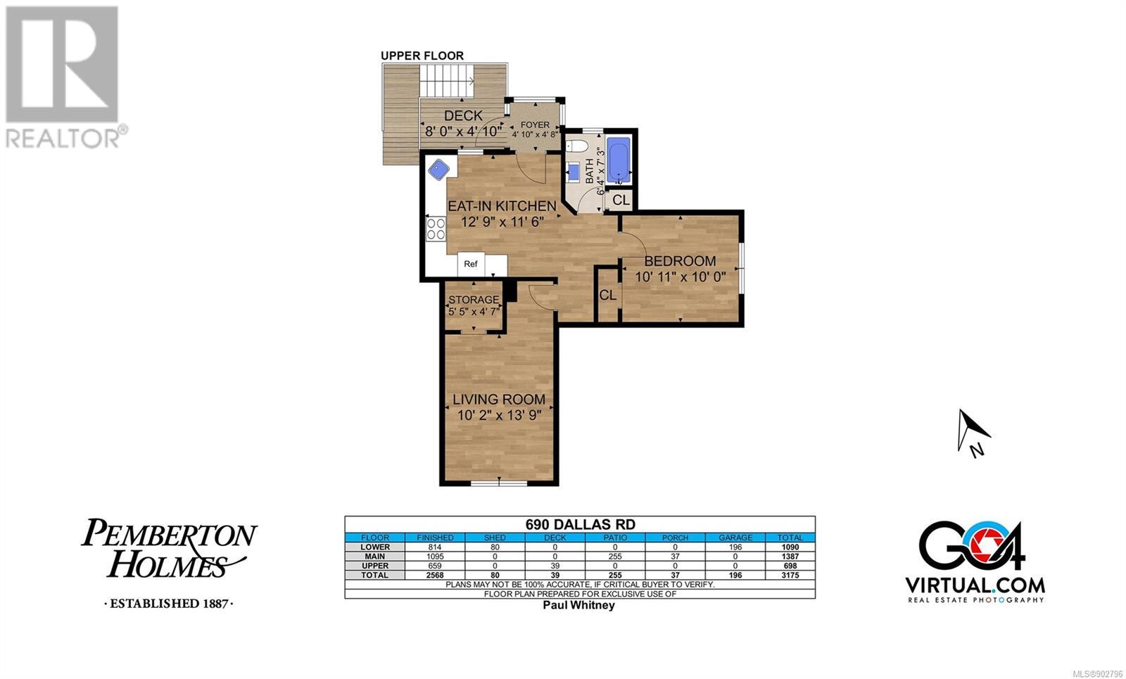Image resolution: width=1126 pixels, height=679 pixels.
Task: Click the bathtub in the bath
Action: click(x=619, y=159)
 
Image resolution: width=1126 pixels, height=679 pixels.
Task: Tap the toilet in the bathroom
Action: click(x=576, y=146)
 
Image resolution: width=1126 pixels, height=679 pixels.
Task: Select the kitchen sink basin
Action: click(x=439, y=169)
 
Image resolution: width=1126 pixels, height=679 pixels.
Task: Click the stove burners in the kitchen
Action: click(x=436, y=229)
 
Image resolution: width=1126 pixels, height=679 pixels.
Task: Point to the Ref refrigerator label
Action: click(x=471, y=264)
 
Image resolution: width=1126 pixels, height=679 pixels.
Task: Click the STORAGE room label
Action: click(x=474, y=300)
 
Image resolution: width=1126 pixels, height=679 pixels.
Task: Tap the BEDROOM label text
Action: click(x=680, y=261)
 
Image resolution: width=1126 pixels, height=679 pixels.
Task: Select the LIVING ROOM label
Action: click(x=499, y=400)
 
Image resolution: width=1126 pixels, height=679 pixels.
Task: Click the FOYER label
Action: click(x=535, y=125)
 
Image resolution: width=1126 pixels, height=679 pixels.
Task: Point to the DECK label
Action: click(x=463, y=115)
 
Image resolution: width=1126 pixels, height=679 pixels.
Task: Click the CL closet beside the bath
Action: click(x=621, y=200)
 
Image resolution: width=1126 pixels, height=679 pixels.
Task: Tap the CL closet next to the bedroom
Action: click(x=608, y=295)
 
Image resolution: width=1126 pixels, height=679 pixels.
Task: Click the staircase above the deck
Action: click(x=447, y=81)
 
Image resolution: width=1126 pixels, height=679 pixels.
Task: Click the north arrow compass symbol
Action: click(x=972, y=431)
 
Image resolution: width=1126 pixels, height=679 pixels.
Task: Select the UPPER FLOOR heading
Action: click(x=422, y=56)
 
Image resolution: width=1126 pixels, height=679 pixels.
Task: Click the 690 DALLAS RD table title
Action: click(x=580, y=524)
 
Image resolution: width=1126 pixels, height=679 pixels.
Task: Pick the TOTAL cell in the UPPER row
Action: click(x=790, y=566)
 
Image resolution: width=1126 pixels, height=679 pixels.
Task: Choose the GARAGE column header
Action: click(x=735, y=538)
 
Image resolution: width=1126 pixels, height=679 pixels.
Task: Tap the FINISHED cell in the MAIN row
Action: click(x=435, y=557)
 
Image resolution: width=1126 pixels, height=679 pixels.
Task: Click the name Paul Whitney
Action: click(x=578, y=605)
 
